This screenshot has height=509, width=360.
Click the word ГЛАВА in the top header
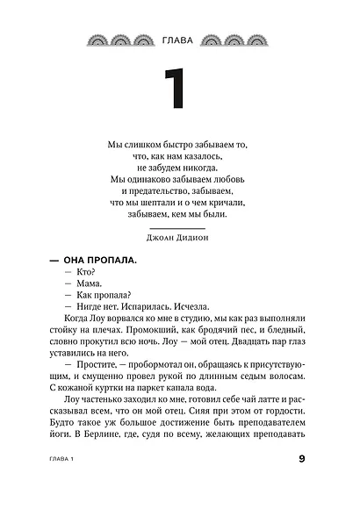179,39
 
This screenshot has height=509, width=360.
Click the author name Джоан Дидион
179,234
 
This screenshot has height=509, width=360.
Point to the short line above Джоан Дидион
179,223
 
